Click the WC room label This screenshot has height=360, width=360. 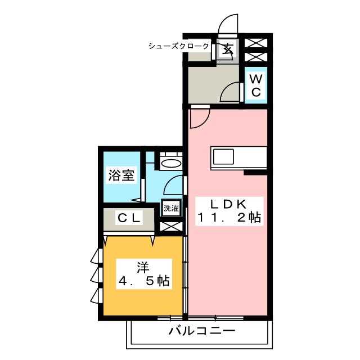coord(256,86)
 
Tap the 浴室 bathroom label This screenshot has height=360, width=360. coord(121,175)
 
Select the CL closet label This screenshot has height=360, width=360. coord(129,218)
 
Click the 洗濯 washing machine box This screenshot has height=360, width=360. coord(171,208)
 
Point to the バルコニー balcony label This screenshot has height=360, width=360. coord(202,331)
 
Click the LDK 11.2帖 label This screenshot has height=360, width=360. coord(229,211)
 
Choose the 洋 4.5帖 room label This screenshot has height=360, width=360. coord(144,274)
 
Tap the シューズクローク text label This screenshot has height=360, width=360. coord(178,46)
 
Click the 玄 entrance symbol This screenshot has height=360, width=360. coord(227,49)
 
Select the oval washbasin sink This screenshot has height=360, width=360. coord(171,164)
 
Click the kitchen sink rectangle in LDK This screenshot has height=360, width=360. coord(223,156)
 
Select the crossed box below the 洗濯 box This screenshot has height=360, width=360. coord(171,226)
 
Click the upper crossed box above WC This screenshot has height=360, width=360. coord(256,43)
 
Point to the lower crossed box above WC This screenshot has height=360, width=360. coord(256,57)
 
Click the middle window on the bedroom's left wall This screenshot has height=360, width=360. coord(96,274)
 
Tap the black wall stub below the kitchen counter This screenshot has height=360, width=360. coord(255,173)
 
